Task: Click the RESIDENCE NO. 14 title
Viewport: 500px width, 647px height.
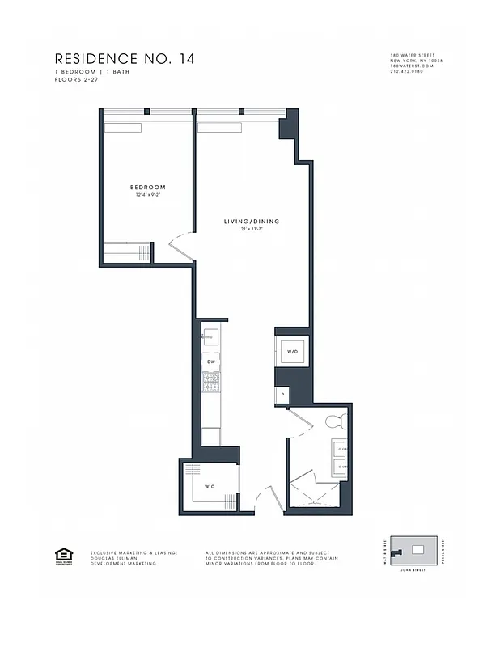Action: point(124,59)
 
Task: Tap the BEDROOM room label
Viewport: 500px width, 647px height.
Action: point(147,188)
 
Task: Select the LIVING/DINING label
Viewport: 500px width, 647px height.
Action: point(252,222)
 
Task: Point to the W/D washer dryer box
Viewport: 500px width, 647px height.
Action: point(292,352)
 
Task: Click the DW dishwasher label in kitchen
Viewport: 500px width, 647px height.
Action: point(210,362)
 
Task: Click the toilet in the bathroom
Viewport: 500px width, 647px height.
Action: point(336,421)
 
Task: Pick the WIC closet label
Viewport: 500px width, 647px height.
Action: point(209,487)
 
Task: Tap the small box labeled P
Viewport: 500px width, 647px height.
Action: point(282,395)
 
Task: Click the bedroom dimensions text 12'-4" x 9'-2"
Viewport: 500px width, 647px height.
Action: point(147,195)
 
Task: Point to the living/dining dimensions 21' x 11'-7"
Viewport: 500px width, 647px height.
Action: point(252,229)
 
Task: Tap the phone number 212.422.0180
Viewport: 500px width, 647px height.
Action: point(405,72)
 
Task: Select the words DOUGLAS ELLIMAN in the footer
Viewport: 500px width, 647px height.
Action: point(112,558)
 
